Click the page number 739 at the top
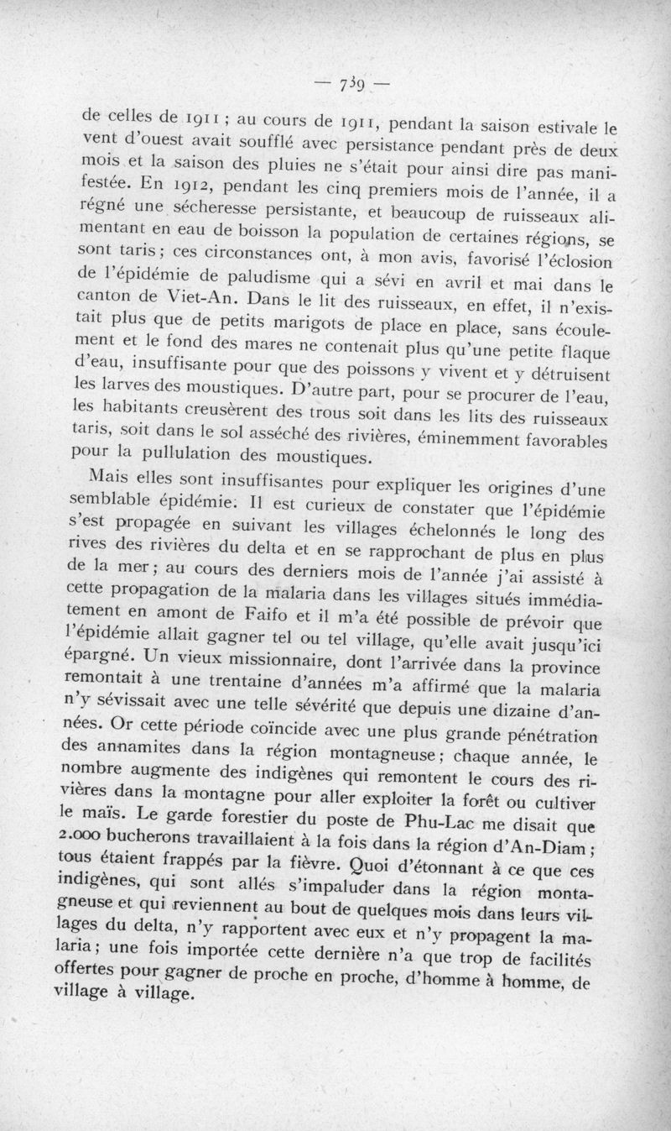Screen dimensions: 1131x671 click(x=351, y=86)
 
